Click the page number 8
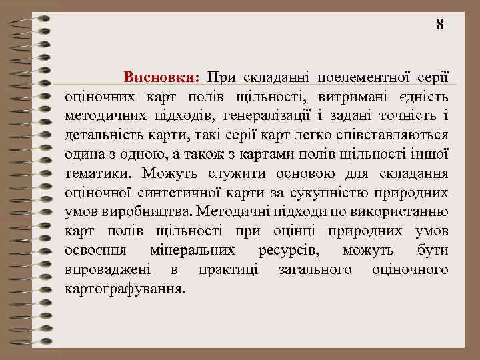click(x=439, y=25)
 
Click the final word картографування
click(x=125, y=290)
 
